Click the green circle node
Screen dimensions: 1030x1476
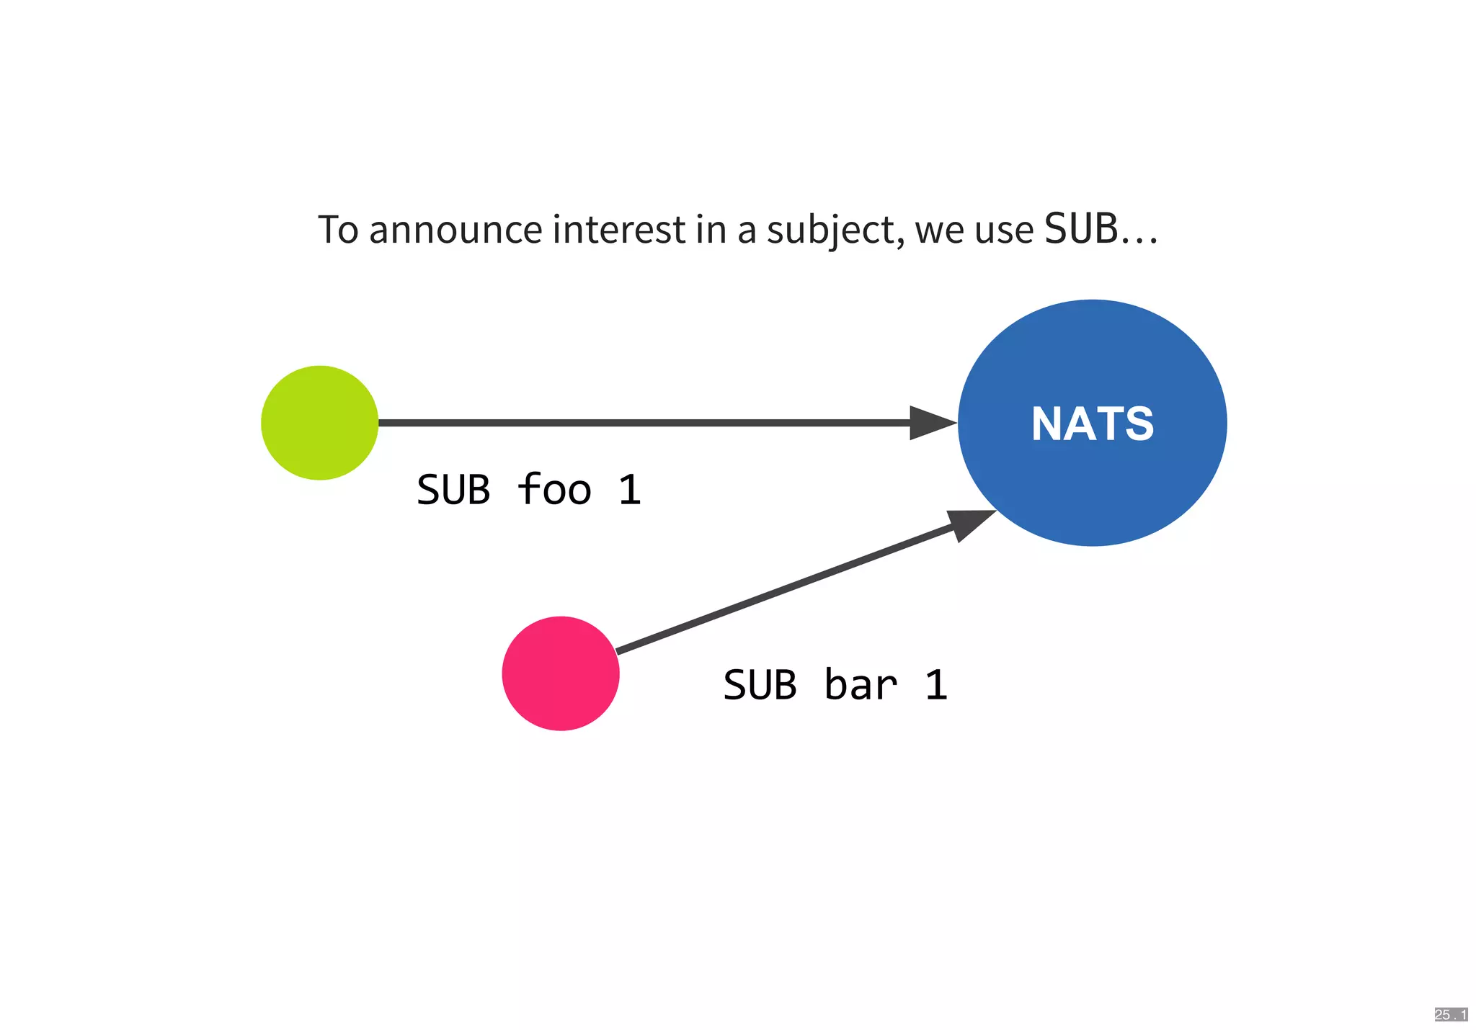[x=319, y=423]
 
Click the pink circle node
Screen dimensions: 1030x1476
[x=561, y=673]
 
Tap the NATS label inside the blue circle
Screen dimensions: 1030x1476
[x=1093, y=424]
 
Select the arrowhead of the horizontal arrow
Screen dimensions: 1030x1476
[x=933, y=423]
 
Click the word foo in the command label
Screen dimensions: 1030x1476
[x=554, y=490]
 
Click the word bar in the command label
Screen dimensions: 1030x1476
[x=861, y=685]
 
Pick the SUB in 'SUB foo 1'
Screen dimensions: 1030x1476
[x=453, y=491]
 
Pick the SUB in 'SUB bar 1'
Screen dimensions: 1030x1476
[x=760, y=685]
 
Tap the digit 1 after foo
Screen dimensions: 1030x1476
[x=630, y=491]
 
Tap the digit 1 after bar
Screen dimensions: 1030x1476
[x=936, y=685]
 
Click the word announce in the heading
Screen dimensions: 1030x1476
[x=455, y=230]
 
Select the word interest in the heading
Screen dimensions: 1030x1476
[x=619, y=230]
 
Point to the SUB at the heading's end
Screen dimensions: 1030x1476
[x=1081, y=229]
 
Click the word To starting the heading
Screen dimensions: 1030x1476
[x=338, y=230]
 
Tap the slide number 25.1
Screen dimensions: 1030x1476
[x=1450, y=1015]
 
